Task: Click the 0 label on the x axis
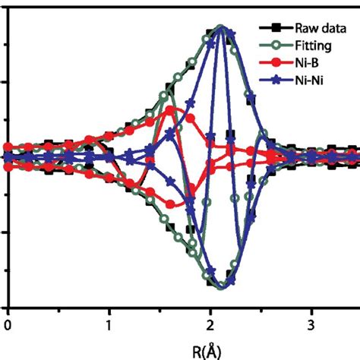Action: [x=8, y=325]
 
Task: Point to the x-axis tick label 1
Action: [x=109, y=325]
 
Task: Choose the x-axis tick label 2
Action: [x=211, y=325]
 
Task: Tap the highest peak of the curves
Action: [x=221, y=27]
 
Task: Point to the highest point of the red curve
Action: [x=171, y=109]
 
